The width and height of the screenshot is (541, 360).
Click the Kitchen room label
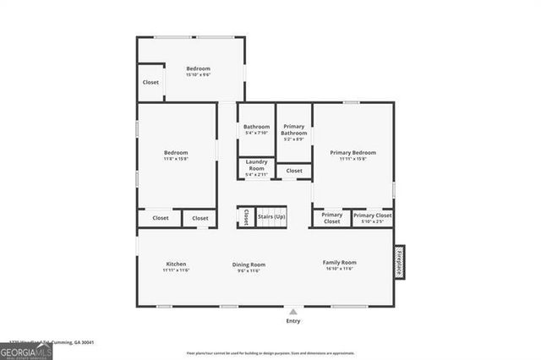point(176,264)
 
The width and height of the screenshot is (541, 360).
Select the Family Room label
point(340,263)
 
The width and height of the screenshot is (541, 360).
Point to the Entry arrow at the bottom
point(293,311)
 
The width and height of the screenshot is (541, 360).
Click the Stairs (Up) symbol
point(271,216)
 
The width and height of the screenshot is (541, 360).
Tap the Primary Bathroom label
point(294,129)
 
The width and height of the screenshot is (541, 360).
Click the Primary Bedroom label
point(352,152)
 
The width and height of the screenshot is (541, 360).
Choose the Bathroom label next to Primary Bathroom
point(256,127)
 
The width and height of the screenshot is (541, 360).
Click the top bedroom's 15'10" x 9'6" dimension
point(198,75)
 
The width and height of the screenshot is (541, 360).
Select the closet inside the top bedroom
point(150,83)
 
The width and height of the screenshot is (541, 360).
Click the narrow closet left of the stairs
point(246,217)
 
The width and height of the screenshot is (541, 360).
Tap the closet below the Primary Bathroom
point(293,171)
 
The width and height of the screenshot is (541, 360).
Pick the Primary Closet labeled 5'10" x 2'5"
point(373,218)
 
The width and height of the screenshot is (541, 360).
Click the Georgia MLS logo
point(26,350)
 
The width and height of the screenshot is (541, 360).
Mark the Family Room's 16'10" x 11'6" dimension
point(340,270)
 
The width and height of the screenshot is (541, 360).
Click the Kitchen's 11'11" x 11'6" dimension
point(176,270)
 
